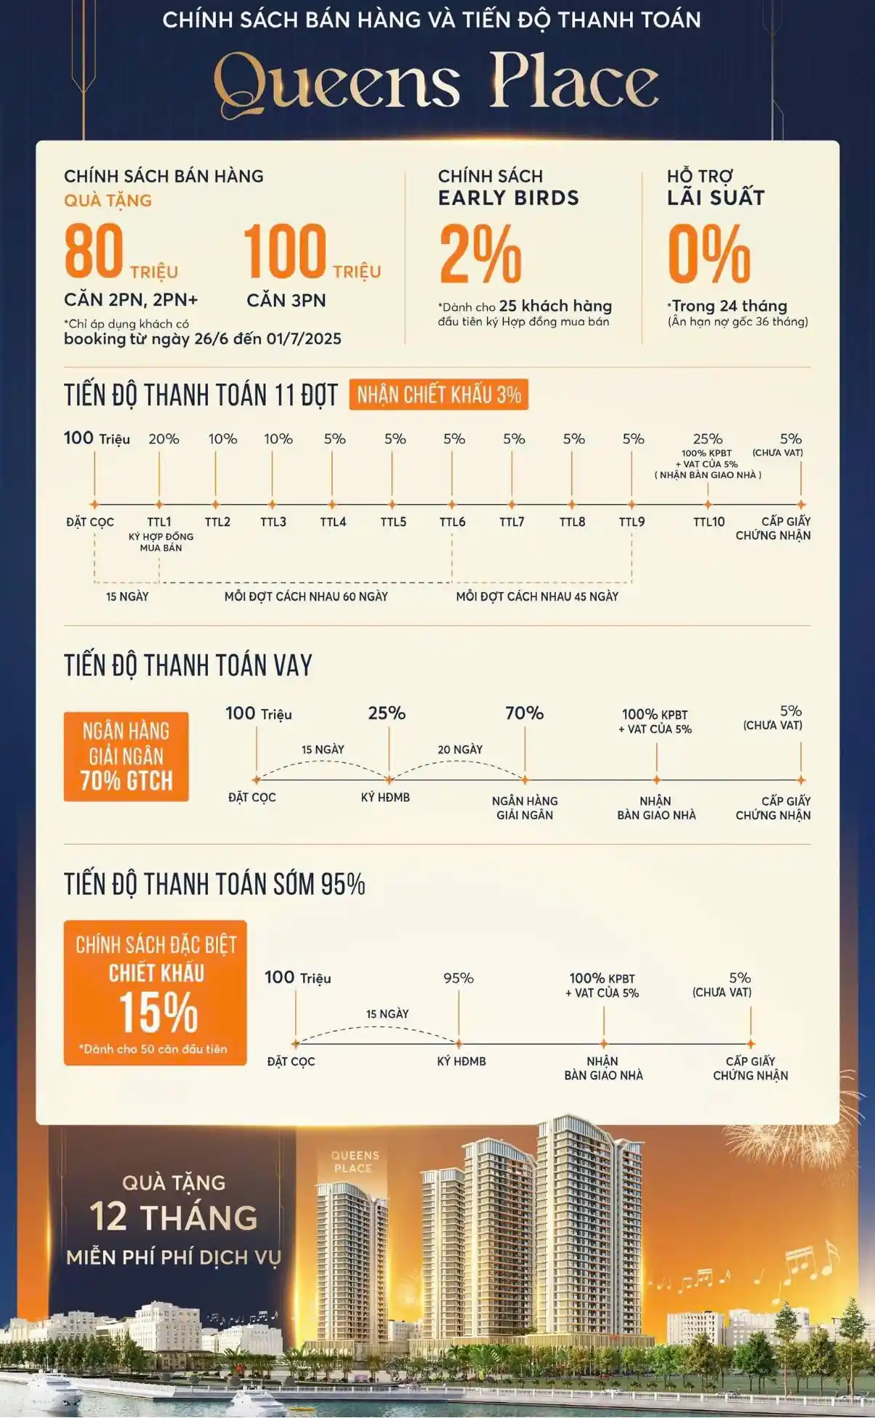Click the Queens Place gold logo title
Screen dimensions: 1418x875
point(437,84)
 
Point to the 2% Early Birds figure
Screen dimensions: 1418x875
point(480,254)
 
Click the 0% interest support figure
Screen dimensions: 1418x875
point(709,254)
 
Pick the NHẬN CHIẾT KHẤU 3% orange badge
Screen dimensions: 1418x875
point(438,395)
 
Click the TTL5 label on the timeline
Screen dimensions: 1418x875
point(393,522)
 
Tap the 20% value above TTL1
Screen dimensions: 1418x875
point(164,439)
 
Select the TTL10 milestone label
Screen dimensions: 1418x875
point(709,522)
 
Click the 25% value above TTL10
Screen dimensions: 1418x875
point(707,439)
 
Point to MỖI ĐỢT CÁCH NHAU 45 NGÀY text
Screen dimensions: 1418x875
point(537,596)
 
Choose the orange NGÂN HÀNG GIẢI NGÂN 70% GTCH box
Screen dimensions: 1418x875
point(126,756)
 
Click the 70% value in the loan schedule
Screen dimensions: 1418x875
point(524,713)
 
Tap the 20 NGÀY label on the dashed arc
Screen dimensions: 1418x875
point(460,749)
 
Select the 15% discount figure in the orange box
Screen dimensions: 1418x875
point(158,1012)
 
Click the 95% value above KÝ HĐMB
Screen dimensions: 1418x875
point(459,979)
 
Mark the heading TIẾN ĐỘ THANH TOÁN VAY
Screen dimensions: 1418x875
point(188,665)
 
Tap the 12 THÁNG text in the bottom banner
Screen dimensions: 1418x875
point(174,1217)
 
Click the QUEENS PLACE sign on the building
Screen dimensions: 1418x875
point(355,1162)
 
